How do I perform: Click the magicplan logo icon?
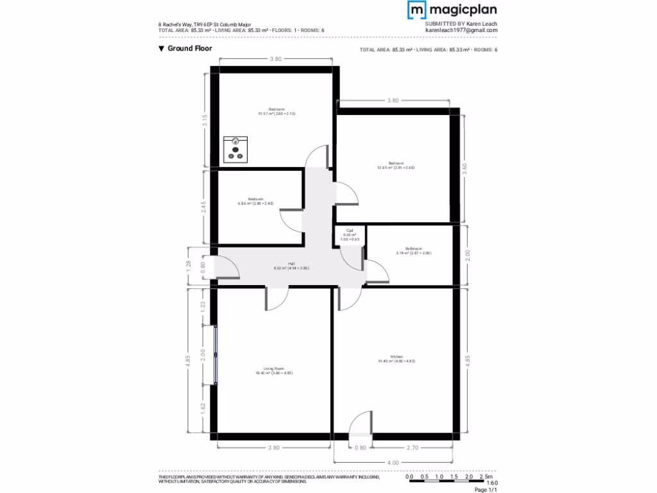[417, 10]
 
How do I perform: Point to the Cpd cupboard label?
[350, 230]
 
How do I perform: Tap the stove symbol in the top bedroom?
[235, 149]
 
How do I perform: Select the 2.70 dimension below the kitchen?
[413, 447]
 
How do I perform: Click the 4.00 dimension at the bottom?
[393, 463]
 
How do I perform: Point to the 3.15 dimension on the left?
[205, 121]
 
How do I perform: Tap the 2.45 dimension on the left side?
[204, 207]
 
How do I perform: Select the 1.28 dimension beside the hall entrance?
[189, 266]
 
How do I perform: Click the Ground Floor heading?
[190, 48]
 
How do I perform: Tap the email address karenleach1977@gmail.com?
[461, 30]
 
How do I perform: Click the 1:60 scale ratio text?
[492, 483]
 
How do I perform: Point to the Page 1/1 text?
[486, 490]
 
